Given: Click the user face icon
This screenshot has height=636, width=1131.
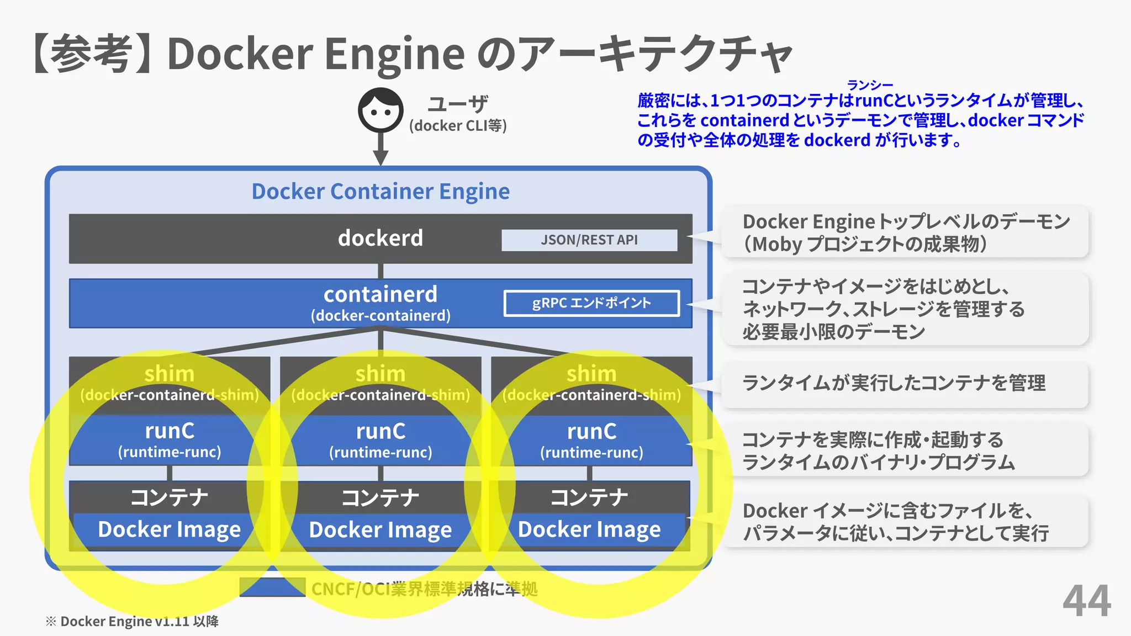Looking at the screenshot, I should click(x=380, y=110).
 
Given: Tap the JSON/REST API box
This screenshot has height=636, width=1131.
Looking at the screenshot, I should click(x=589, y=240).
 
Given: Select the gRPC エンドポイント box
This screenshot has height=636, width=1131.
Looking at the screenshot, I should click(x=591, y=303).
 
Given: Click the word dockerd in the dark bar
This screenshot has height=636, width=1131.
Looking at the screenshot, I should click(x=380, y=238).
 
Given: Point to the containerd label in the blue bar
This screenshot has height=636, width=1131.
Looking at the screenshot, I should click(x=380, y=294).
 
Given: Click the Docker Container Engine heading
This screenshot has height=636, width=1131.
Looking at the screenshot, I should click(x=380, y=191).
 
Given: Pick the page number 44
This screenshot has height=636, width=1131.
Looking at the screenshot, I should click(x=1086, y=601).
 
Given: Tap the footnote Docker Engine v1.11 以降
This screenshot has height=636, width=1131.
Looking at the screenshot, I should click(x=133, y=622).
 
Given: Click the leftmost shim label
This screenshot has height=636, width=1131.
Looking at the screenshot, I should click(x=170, y=374).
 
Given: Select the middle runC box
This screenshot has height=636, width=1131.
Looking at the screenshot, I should click(x=380, y=439).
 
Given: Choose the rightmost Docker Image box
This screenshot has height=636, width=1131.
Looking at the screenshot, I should click(x=589, y=530).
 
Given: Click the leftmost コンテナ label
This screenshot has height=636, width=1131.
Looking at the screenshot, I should click(x=170, y=497).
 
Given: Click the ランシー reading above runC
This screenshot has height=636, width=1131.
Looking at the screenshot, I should click(x=870, y=85).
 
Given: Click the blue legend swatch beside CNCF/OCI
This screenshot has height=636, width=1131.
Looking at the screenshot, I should click(x=272, y=587).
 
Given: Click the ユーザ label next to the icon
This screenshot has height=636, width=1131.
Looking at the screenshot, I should click(x=458, y=104).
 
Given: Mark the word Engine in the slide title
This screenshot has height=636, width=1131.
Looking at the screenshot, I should click(x=394, y=54).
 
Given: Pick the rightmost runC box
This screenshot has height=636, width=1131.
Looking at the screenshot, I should click(x=591, y=439).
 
